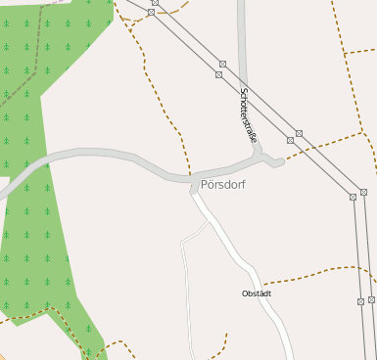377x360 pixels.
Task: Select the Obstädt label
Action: coord(257,293)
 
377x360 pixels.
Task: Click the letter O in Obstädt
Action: coord(246,293)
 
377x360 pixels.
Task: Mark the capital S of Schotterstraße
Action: coord(243,92)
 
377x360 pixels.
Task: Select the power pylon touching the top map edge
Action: coord(155,3)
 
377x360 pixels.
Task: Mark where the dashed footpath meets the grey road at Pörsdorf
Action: coord(189,174)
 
